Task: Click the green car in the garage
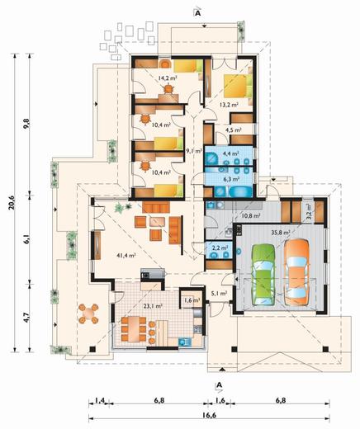point(263,275)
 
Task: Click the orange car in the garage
point(296,272)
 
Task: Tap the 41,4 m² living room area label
point(126,256)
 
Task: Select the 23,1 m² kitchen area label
point(153,305)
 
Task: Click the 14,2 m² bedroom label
point(168,78)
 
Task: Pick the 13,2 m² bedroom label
point(229,105)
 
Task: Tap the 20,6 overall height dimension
point(12,203)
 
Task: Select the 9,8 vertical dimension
point(27,124)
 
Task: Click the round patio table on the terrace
point(88,313)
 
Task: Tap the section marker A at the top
point(197,13)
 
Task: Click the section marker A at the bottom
point(219,385)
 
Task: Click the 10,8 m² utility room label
point(251,215)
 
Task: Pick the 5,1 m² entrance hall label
point(220,294)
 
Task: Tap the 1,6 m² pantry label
point(192,299)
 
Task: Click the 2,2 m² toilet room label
point(220,247)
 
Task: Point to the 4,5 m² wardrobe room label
point(234,130)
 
